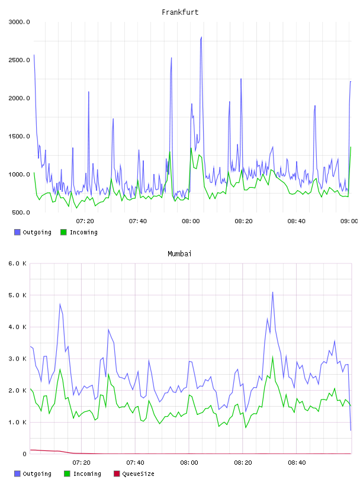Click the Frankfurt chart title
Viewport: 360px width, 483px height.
pos(180,12)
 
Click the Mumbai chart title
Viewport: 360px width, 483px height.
pos(179,254)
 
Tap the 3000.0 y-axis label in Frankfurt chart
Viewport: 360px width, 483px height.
pos(19,22)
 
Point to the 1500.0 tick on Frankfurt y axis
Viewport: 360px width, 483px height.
pos(19,136)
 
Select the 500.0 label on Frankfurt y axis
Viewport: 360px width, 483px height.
pos(21,212)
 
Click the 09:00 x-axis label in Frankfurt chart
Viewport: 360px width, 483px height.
pos(349,221)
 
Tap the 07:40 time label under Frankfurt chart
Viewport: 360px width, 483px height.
pos(138,221)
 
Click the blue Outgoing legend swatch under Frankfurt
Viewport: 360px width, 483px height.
pos(17,232)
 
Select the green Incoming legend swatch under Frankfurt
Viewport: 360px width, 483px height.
pos(63,232)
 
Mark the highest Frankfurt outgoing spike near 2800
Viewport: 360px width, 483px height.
pos(201,37)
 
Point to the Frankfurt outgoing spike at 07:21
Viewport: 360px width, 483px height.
pos(89,92)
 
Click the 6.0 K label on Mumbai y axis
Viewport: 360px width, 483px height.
pos(18,263)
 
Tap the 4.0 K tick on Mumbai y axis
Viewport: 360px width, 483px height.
pos(18,327)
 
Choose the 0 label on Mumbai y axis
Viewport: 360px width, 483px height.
pos(24,454)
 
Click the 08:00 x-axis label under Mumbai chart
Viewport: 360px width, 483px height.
pos(189,463)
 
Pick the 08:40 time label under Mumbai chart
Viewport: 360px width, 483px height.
pos(297,463)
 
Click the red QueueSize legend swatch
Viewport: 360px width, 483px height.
pos(117,474)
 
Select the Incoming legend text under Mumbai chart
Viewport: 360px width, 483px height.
pos(87,474)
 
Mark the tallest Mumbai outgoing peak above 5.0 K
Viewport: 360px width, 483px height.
pos(273,292)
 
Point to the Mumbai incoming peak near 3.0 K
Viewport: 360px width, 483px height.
pos(273,357)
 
